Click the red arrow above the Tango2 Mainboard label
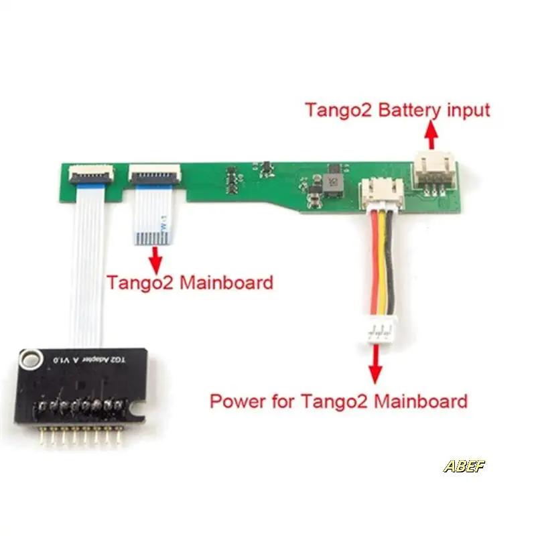[x=157, y=258]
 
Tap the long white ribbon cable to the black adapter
[x=87, y=268]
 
